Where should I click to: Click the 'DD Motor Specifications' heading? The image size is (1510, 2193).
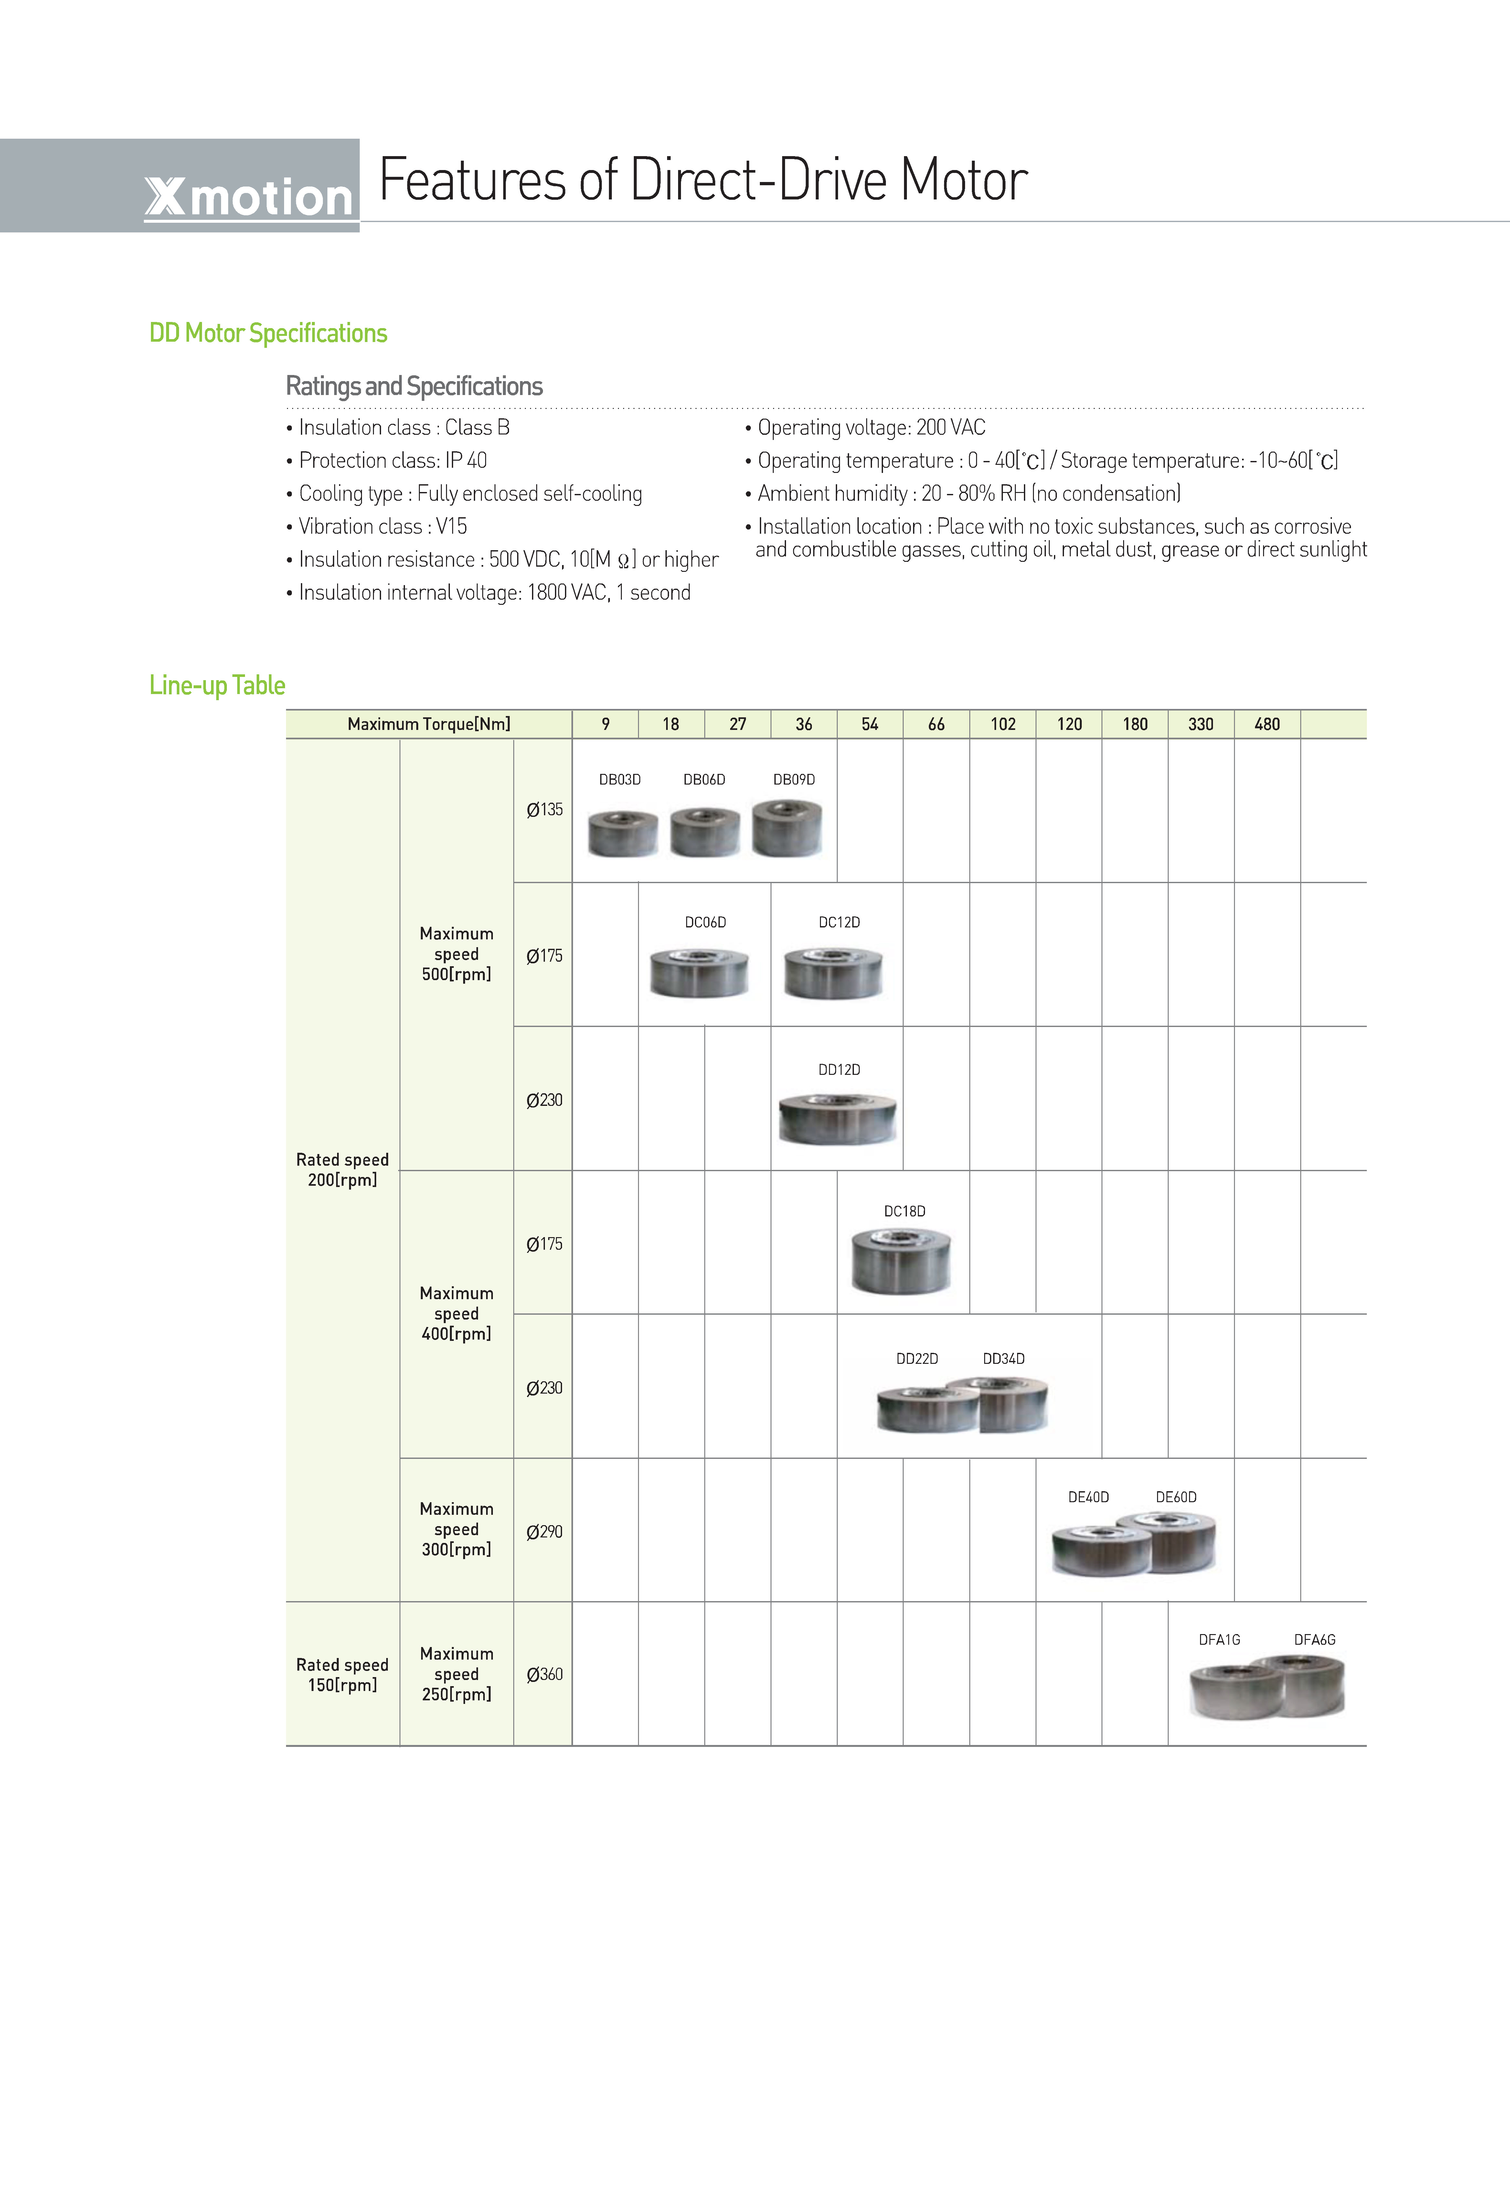pos(269,333)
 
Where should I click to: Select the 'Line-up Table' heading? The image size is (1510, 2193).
pos(218,685)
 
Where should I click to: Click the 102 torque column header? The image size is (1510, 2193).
pos(1003,724)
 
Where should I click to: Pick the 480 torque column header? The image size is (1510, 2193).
pos(1267,724)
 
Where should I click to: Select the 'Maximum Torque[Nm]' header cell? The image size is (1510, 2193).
pos(429,724)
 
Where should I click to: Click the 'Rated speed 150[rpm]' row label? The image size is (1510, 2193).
pos(343,1674)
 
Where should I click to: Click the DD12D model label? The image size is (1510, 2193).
pos(839,1070)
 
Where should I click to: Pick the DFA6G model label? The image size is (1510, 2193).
pos(1315,1640)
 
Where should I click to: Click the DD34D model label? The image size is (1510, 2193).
pos(1004,1359)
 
